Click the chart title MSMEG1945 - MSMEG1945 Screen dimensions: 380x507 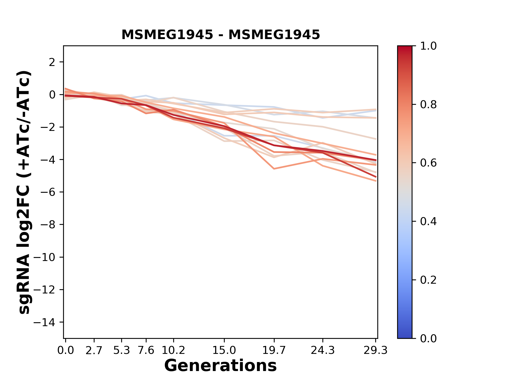[x=220, y=35]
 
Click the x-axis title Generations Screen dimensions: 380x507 [x=220, y=366]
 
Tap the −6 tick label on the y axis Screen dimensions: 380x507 [x=48, y=192]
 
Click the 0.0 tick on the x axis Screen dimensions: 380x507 [x=65, y=350]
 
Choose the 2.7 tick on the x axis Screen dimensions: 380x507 [x=94, y=350]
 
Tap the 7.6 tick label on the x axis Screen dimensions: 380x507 [x=146, y=350]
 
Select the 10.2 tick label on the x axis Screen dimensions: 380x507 [x=173, y=350]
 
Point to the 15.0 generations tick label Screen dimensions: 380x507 [x=224, y=350]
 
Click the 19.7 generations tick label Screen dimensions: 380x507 [x=274, y=350]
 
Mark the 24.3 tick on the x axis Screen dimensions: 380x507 [x=323, y=350]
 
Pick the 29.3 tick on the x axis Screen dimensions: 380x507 [x=375, y=350]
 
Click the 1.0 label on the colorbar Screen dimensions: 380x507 [x=428, y=46]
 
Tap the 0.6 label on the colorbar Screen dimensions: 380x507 [x=428, y=163]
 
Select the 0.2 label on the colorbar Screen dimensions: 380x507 [x=428, y=280]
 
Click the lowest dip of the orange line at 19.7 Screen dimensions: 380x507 [x=274, y=169]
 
